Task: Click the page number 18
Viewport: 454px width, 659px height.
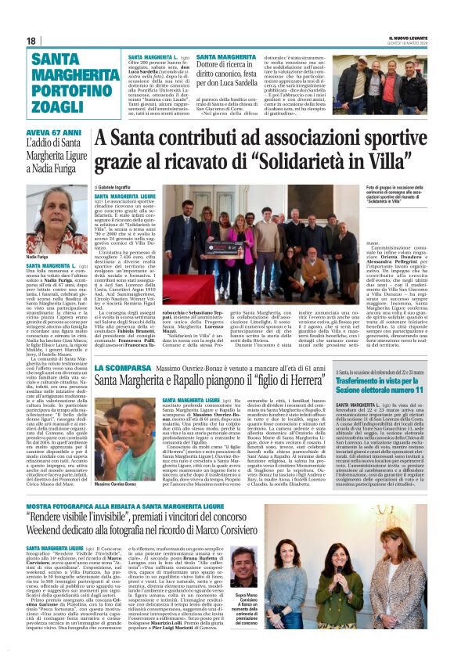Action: click(31, 41)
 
